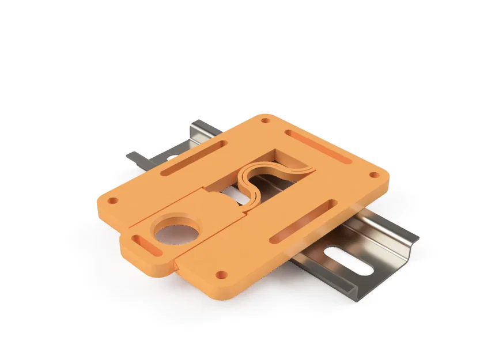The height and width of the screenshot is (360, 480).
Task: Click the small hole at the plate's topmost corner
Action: pos(265,121)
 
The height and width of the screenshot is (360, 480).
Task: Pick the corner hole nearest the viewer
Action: pos(220,274)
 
